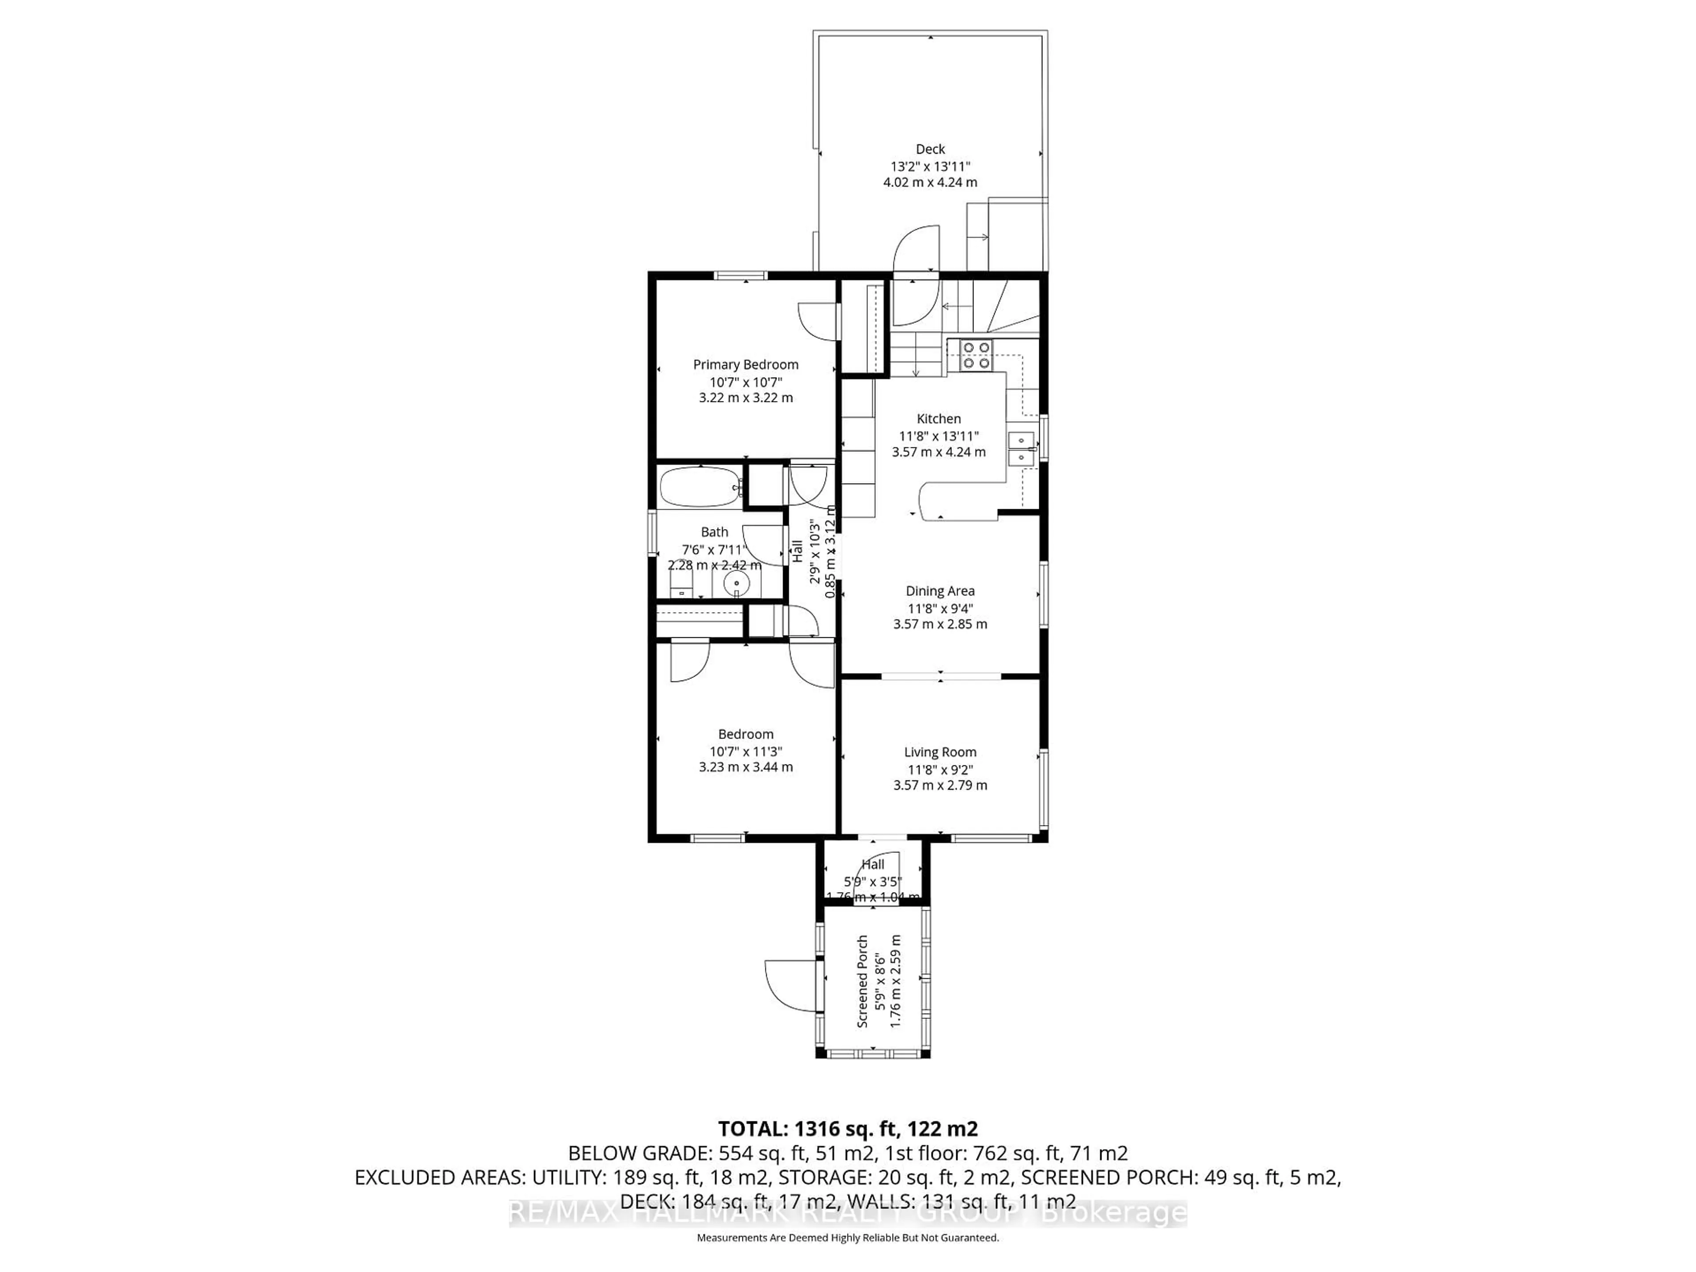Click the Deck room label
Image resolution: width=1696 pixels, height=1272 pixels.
pos(930,149)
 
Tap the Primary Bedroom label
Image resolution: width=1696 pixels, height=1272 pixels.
pos(745,365)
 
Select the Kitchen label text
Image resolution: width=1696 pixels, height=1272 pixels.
pos(939,419)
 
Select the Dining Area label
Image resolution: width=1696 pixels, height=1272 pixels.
pos(940,591)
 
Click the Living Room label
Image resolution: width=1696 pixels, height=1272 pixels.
pos(940,752)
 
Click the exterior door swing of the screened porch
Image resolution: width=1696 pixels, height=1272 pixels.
pos(790,985)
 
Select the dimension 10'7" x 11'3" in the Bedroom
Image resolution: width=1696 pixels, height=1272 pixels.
pos(745,751)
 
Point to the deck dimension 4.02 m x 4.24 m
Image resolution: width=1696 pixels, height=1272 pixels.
pos(930,182)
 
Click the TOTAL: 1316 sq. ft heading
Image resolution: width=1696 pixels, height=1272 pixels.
pos(847,1128)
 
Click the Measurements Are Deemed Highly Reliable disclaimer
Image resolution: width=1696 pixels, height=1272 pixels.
pos(847,1238)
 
